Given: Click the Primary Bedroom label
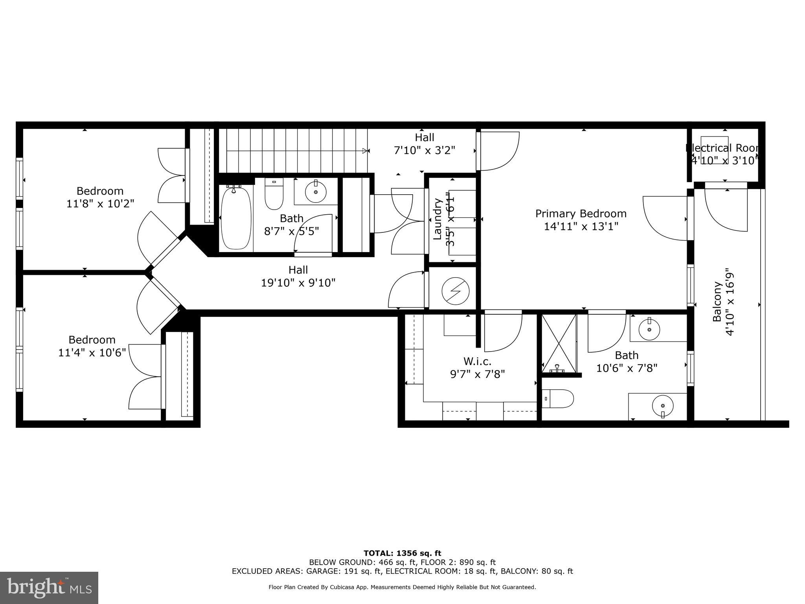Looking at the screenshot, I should [x=581, y=214].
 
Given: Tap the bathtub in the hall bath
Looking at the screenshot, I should [x=236, y=218].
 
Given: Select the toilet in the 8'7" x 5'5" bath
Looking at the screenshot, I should [x=274, y=194].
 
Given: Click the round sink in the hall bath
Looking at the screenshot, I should [x=316, y=192].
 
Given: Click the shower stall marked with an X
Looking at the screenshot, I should [x=559, y=343].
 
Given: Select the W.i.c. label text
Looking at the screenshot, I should [x=477, y=361].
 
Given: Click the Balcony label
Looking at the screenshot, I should [x=717, y=302].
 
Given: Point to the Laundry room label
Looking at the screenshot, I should [x=437, y=219].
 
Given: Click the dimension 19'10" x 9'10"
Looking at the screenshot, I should [x=298, y=283].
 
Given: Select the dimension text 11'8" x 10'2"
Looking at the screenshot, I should [x=100, y=204].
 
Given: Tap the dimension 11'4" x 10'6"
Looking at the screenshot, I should [x=92, y=352].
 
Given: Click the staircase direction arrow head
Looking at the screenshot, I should [x=366, y=151].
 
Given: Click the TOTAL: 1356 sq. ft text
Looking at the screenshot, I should [x=402, y=553].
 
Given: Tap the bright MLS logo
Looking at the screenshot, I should [x=49, y=587].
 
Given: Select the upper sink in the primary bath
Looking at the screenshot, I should [x=649, y=329].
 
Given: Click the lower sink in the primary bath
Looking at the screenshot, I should [x=662, y=406].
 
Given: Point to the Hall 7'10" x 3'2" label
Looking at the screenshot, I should [x=425, y=144].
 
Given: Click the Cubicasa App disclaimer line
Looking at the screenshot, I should [x=402, y=587].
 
